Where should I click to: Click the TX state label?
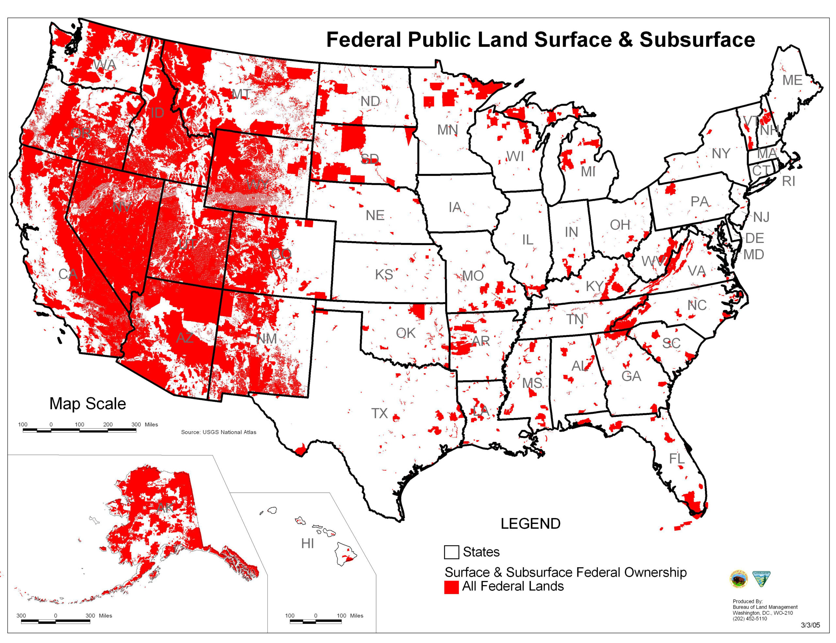pos(379,413)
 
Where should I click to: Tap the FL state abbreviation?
pos(677,459)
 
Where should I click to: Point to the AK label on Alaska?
pos(165,508)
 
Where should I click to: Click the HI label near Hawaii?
pos(307,544)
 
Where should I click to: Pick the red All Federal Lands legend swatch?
pos(451,587)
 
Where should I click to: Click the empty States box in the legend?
pos(451,552)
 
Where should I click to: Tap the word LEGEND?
pos(530,524)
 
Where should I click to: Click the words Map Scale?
pos(88,404)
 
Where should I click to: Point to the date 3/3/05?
pos(811,625)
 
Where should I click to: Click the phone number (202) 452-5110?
pos(749,618)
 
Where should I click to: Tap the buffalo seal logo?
pos(739,579)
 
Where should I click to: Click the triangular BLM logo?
pos(761,579)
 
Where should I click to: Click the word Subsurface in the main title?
pos(697,40)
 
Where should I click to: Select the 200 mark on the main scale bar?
pos(108,424)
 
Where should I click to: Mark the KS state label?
pos(384,275)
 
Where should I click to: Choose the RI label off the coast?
pos(788,181)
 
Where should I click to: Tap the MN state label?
pos(447,130)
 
